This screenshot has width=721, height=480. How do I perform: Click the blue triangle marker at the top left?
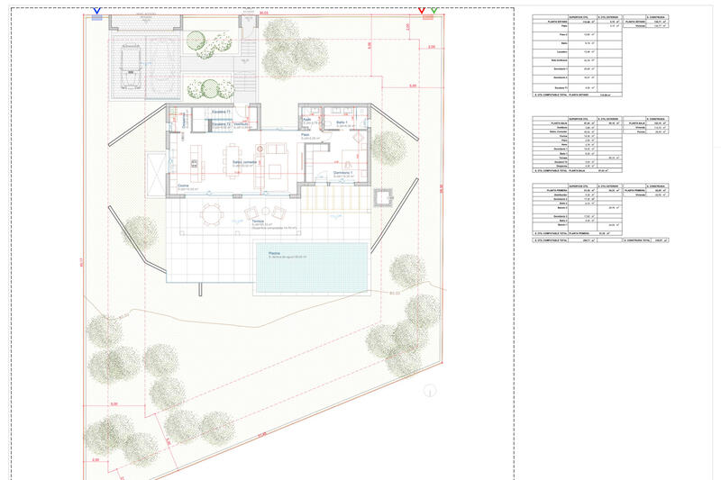tap(96, 12)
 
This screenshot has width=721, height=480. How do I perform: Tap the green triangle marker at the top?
tap(434, 12)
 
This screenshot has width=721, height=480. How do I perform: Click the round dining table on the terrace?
tap(212, 213)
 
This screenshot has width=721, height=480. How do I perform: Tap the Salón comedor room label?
tap(245, 161)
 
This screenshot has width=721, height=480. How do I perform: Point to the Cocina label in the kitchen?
tap(183, 186)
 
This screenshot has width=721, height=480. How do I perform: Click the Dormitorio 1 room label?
tap(342, 172)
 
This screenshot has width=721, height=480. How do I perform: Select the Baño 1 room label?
tap(342, 122)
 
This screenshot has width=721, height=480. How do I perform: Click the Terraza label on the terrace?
tap(258, 222)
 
